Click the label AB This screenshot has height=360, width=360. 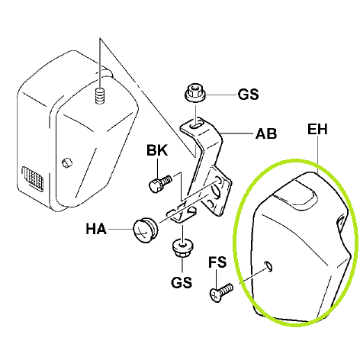(x=266, y=134)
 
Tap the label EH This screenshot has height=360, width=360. (x=317, y=129)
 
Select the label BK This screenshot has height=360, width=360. (x=157, y=150)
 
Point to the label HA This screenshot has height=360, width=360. (x=96, y=229)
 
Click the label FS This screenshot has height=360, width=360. (x=217, y=262)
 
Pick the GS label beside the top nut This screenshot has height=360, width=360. (x=249, y=95)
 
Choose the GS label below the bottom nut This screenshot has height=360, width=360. (x=182, y=282)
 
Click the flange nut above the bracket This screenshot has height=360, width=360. (x=195, y=92)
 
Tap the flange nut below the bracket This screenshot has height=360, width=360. (x=182, y=249)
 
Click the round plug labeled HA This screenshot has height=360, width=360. (x=146, y=230)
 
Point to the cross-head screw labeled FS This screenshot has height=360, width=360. (x=221, y=292)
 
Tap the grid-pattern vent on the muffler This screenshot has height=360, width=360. (x=33, y=178)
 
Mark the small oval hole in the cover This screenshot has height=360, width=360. (x=268, y=265)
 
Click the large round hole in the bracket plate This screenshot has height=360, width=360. (x=216, y=191)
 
